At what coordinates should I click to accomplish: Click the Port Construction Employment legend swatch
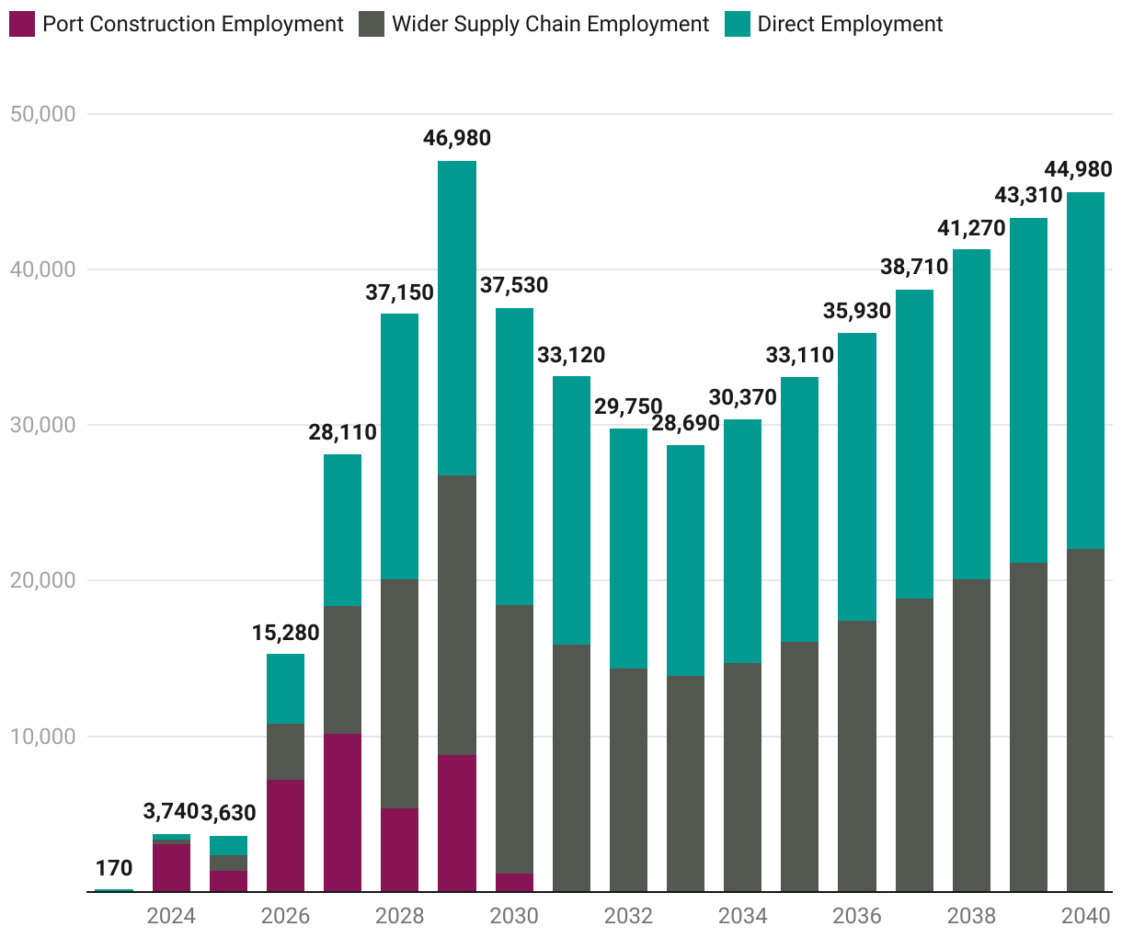tap(22, 24)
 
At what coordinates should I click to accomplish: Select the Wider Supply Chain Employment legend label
tap(550, 24)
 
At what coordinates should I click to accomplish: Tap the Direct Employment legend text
tap(850, 24)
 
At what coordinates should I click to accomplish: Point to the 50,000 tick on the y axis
tap(42, 114)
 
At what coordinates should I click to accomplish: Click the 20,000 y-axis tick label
tap(42, 580)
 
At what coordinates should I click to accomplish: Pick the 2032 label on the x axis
tap(628, 916)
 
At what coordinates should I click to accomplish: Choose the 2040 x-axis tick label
tap(1085, 916)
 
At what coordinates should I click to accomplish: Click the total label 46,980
tap(457, 138)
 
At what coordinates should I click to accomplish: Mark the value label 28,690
tap(685, 424)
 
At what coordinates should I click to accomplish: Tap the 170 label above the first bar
tap(114, 868)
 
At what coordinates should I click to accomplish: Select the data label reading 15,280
tap(285, 633)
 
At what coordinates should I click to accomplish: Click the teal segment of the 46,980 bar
tap(457, 318)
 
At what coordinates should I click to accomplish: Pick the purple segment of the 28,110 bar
tap(342, 813)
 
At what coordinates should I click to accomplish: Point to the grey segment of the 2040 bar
tap(1085, 720)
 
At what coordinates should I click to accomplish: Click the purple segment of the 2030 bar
tap(514, 883)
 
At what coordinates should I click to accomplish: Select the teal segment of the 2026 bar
tap(285, 689)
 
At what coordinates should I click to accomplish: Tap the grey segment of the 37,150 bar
tap(399, 693)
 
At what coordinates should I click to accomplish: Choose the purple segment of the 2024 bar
tap(171, 867)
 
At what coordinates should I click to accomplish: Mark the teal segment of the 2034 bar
tap(742, 541)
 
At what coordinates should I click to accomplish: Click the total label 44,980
tap(1078, 169)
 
